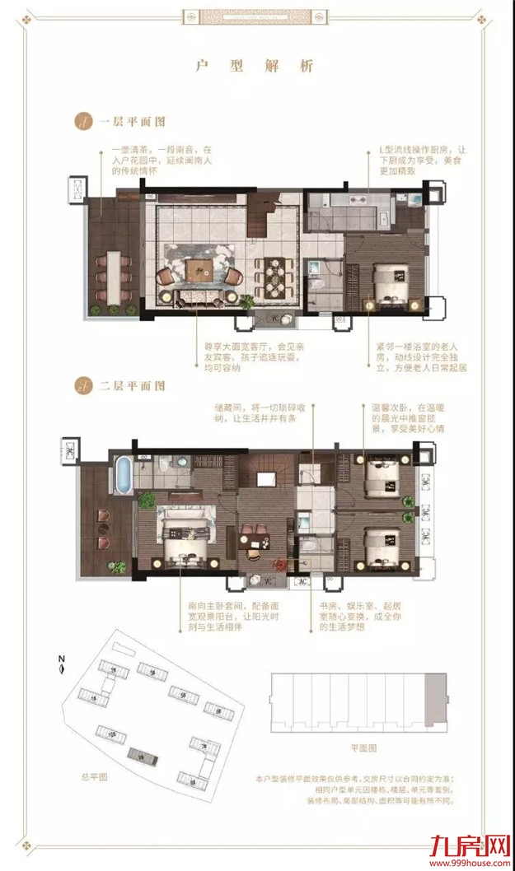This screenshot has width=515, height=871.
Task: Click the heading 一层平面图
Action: pyautogui.click(x=132, y=121)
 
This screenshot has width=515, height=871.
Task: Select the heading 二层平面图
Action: pyautogui.click(x=132, y=384)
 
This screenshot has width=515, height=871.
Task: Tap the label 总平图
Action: pyautogui.click(x=83, y=776)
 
